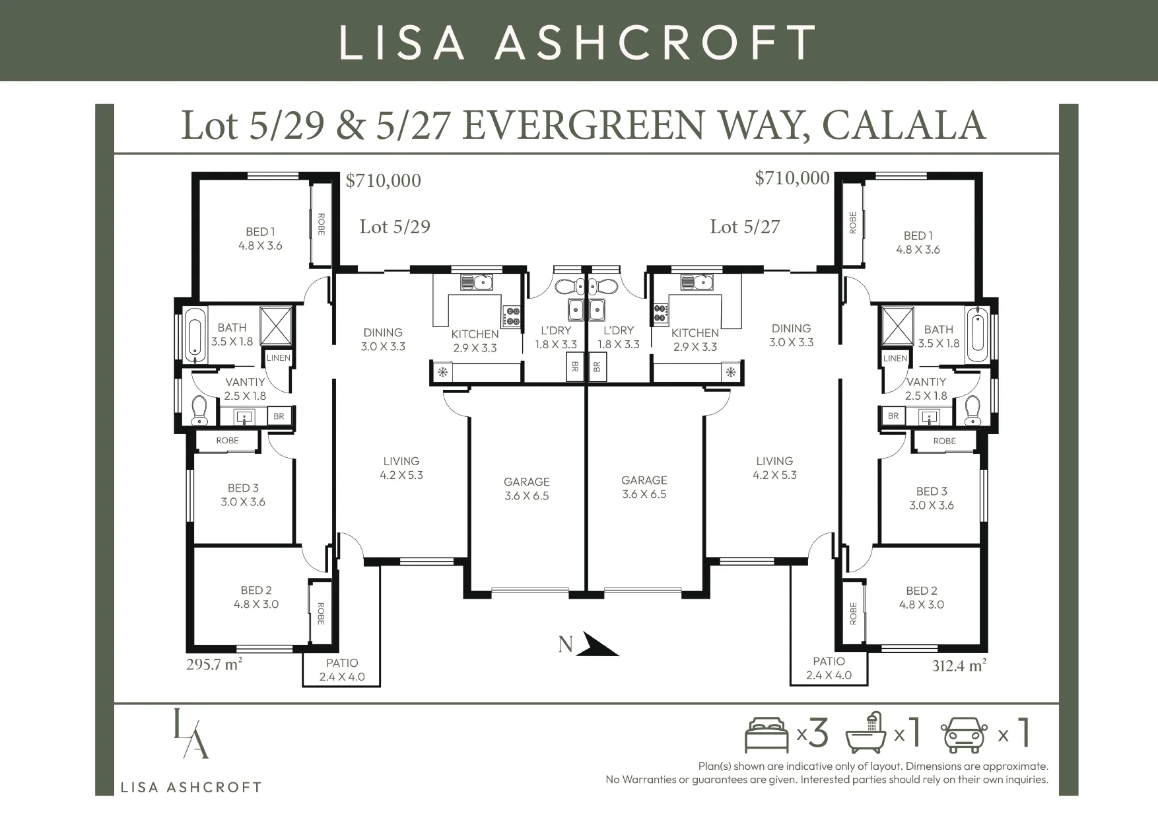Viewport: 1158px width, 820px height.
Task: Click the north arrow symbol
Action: (596, 645)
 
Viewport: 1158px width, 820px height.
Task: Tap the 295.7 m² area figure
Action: (214, 664)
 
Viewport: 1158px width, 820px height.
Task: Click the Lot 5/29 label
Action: (395, 227)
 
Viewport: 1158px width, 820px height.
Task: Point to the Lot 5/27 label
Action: (745, 227)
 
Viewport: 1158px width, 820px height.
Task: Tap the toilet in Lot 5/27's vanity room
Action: (972, 410)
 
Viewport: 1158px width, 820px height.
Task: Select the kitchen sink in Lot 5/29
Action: (476, 282)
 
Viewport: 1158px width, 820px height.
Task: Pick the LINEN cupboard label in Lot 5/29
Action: (278, 358)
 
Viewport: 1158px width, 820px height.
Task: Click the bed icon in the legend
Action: (766, 734)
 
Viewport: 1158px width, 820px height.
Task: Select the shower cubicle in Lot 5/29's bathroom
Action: (277, 326)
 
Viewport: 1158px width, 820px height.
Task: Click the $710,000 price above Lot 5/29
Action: (383, 180)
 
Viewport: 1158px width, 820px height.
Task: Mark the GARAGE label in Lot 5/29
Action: (526, 482)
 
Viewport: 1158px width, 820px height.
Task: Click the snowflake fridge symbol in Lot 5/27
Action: (731, 371)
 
